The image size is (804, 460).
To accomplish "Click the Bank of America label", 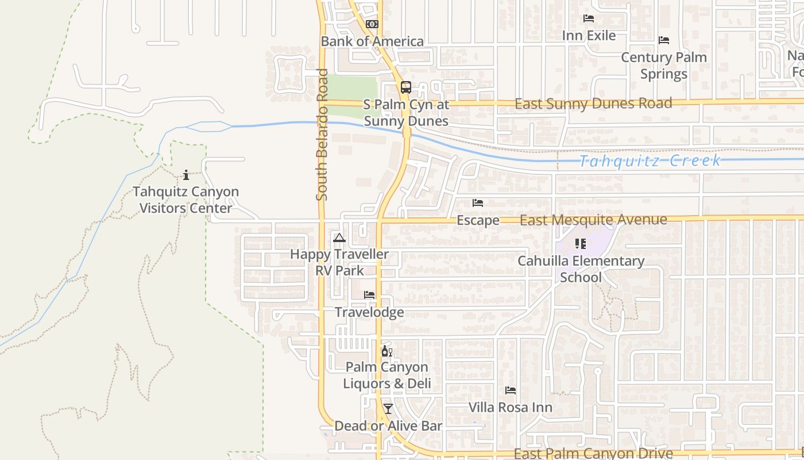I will (x=372, y=41).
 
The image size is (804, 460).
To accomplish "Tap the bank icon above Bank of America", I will (x=372, y=24).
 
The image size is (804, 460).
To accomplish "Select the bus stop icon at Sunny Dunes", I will (x=406, y=87).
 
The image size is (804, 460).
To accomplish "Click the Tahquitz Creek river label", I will (x=649, y=160).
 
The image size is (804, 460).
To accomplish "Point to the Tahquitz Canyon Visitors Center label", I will (x=186, y=200).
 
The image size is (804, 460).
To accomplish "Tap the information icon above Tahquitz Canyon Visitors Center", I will (x=186, y=175).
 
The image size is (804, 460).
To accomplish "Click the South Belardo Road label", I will (x=322, y=135).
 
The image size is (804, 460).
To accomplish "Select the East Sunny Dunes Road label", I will (x=593, y=103).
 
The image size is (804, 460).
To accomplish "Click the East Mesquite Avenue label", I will (x=593, y=220).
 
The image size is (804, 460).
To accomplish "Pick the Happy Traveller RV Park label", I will (x=339, y=262).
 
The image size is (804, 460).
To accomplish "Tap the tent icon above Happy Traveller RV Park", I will (x=339, y=237).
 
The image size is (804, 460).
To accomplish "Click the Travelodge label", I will (x=369, y=312).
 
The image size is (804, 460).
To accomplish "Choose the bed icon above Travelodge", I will (x=369, y=295).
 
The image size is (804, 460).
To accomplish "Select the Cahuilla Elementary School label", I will (x=581, y=269).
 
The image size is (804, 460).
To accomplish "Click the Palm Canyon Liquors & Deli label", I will (x=387, y=375).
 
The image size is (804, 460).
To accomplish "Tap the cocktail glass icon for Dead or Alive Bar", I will (x=388, y=409).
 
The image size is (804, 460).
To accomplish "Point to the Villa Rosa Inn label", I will (x=511, y=408).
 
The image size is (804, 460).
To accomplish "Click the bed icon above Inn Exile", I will (x=589, y=18).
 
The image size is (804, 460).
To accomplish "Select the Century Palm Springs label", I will (x=664, y=66).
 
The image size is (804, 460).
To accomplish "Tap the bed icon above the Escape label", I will (x=478, y=203).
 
